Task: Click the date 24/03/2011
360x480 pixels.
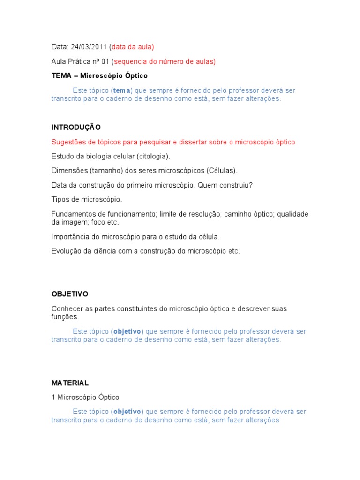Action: pyautogui.click(x=89, y=47)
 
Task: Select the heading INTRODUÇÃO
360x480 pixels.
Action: pyautogui.click(x=76, y=127)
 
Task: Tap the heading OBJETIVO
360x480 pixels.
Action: pyautogui.click(x=70, y=294)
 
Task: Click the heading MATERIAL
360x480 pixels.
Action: pyautogui.click(x=70, y=383)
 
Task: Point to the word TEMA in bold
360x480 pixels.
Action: pyautogui.click(x=61, y=75)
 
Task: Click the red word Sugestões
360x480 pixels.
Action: pyautogui.click(x=69, y=142)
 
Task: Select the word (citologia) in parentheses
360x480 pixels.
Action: pyautogui.click(x=154, y=156)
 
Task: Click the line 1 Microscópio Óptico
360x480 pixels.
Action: pyautogui.click(x=85, y=397)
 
